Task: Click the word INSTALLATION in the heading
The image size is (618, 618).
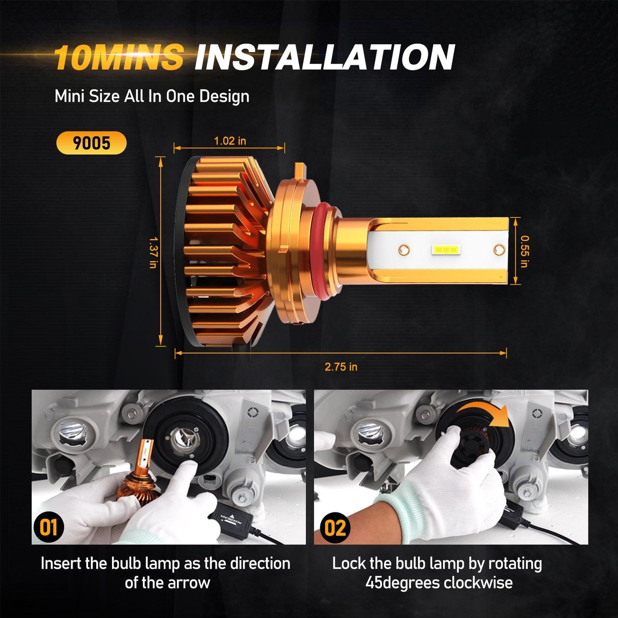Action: [x=324, y=57]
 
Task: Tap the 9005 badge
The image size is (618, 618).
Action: [x=92, y=143]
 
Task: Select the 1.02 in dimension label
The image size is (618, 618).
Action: [x=230, y=141]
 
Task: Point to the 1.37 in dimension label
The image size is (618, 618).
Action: [x=153, y=253]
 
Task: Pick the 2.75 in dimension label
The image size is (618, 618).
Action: [x=341, y=367]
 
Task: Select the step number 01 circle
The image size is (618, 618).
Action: [x=48, y=527]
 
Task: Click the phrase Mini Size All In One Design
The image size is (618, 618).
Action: [x=152, y=96]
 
